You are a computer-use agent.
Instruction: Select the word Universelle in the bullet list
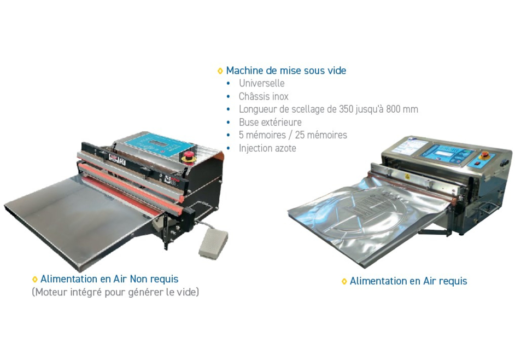point(261,83)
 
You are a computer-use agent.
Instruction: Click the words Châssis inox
point(264,96)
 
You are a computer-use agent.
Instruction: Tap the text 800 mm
point(402,109)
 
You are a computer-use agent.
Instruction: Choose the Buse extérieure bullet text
point(270,122)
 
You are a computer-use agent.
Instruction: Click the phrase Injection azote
point(267,148)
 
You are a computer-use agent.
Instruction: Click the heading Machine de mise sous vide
point(286,71)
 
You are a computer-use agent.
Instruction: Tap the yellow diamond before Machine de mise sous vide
point(220,71)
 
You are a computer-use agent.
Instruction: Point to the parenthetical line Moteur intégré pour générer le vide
point(115,292)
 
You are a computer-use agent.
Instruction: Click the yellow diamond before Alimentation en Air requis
point(344,281)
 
